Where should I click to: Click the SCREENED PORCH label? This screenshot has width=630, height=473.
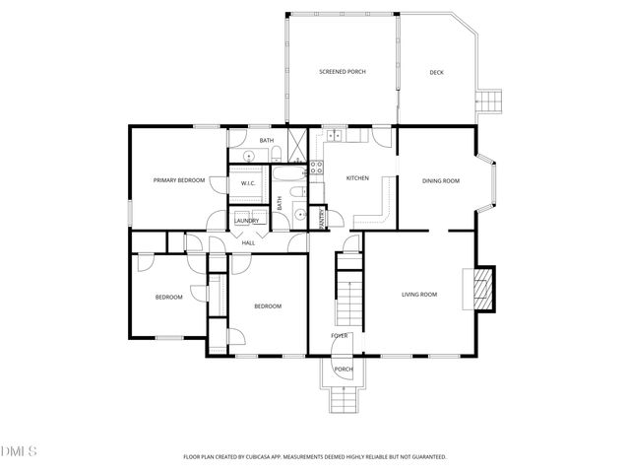[343, 72]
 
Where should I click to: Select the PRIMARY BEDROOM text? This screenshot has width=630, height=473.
[179, 180]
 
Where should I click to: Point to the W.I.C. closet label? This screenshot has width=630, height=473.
[248, 183]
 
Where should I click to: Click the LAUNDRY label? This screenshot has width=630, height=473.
[247, 221]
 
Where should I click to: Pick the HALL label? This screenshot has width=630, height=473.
[248, 241]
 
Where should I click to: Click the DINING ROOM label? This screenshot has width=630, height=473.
[440, 180]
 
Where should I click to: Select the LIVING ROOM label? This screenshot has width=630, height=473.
[419, 295]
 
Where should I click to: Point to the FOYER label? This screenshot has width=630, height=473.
[340, 336]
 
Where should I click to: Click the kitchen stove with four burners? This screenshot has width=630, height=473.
[317, 167]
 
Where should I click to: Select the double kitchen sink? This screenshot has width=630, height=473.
[335, 135]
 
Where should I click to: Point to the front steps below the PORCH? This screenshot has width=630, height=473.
[342, 398]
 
